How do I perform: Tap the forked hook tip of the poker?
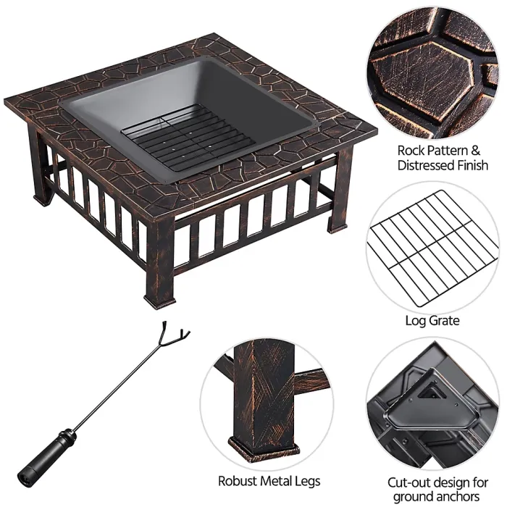coord(177,337)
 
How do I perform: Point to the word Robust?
coord(237,480)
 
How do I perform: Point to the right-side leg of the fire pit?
coord(340,192)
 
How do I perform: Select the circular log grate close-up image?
coord(432,248)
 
